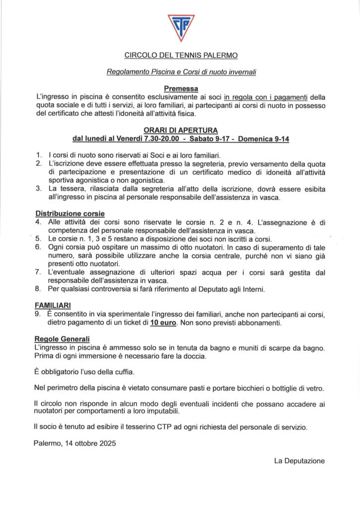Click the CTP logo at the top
[x=180, y=28]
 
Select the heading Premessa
[x=180, y=88]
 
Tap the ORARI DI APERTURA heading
[x=180, y=130]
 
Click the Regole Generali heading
[x=62, y=339]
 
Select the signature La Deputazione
[x=299, y=461]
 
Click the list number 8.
[x=38, y=289]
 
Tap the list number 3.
[x=38, y=188]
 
